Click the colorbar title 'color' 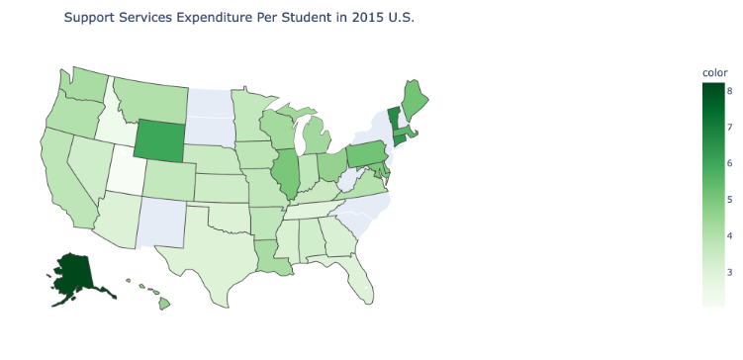click(714, 72)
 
